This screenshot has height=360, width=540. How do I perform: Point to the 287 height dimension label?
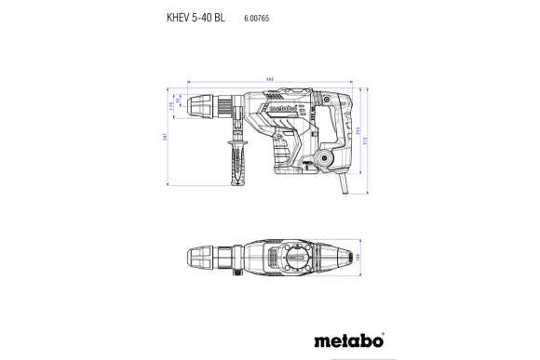tap(165, 138)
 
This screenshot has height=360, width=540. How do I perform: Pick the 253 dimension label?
tap(358, 133)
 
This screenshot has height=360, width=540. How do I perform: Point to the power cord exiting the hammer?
tap(345, 186)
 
